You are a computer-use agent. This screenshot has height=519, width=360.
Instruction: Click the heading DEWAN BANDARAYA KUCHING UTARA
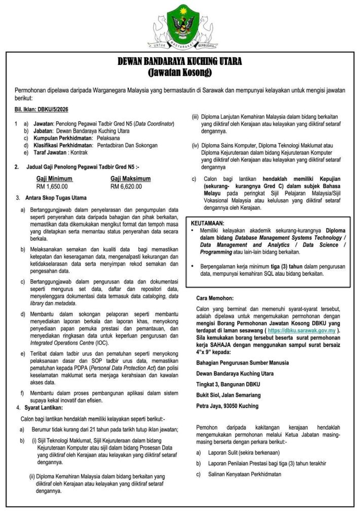(x=180, y=62)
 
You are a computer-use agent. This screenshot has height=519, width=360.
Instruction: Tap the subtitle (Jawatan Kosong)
(x=180, y=72)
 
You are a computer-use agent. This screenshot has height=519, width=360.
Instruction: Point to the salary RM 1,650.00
(x=52, y=186)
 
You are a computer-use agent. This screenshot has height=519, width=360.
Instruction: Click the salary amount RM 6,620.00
(x=126, y=186)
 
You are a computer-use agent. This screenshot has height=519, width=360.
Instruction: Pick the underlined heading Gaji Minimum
(x=54, y=178)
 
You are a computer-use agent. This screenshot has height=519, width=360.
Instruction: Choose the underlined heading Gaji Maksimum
(x=130, y=178)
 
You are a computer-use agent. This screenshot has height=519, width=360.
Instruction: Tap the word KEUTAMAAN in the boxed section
(x=208, y=223)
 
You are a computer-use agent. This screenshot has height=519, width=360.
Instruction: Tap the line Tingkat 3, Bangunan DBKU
(x=227, y=384)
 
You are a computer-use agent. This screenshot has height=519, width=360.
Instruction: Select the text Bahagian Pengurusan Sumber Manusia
(x=242, y=362)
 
